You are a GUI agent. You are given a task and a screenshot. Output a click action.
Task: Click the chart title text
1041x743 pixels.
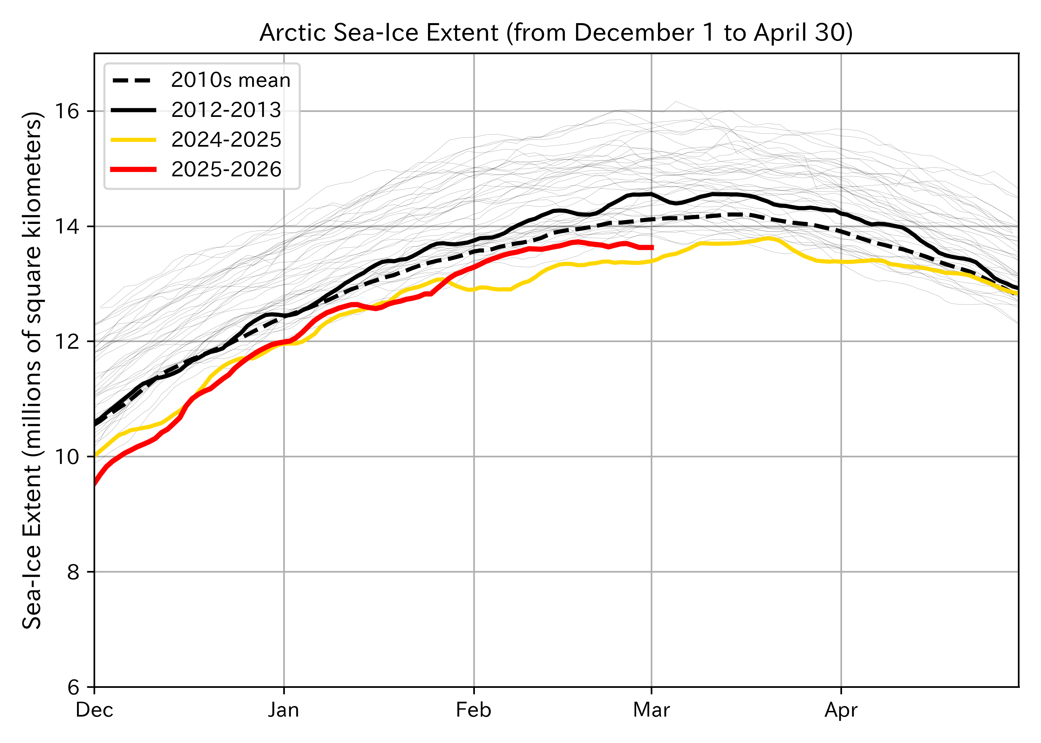coord(556,33)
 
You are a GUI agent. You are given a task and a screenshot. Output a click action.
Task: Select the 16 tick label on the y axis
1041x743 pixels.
coord(66,111)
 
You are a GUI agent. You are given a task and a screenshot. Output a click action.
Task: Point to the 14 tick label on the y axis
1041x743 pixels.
coord(66,227)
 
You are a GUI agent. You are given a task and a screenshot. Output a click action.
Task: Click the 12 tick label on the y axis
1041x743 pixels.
coord(66,341)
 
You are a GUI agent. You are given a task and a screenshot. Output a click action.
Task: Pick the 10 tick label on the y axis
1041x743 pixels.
coord(66,457)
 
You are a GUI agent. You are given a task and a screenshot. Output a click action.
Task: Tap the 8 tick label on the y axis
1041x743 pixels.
coord(73,572)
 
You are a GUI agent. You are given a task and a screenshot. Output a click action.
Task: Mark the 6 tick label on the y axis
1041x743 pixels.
coord(73,687)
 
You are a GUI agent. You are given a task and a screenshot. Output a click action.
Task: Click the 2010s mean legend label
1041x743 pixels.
coord(231,81)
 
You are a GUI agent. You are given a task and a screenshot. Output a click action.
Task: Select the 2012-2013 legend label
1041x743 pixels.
coord(226,110)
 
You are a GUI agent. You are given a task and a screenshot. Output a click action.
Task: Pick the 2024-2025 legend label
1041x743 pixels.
coord(226,140)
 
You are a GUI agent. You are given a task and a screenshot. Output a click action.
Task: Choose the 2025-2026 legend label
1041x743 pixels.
coord(226,169)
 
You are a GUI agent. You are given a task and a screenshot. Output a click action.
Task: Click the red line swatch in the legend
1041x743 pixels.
coord(134,169)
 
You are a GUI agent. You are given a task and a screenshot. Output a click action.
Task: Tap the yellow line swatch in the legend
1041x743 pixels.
coord(134,140)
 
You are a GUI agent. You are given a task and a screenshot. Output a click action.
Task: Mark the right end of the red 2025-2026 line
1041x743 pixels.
coord(652,248)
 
